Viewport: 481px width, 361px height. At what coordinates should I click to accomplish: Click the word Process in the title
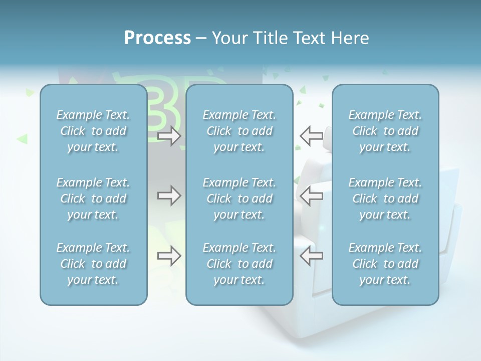pyautogui.click(x=157, y=38)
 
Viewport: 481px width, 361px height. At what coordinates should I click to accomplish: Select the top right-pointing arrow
pyautogui.click(x=169, y=135)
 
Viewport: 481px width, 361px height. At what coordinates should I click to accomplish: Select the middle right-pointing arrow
pyautogui.click(x=169, y=196)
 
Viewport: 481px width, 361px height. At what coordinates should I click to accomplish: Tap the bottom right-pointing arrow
pyautogui.click(x=169, y=256)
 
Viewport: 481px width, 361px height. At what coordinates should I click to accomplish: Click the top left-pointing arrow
pyautogui.click(x=311, y=135)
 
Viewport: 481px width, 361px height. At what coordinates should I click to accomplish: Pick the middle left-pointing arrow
pyautogui.click(x=311, y=196)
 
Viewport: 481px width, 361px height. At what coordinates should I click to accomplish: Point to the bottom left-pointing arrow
pyautogui.click(x=311, y=256)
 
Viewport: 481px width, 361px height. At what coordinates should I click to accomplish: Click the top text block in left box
pyautogui.click(x=93, y=131)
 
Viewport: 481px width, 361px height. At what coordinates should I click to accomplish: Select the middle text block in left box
pyautogui.click(x=93, y=199)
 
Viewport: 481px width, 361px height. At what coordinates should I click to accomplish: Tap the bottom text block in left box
pyautogui.click(x=93, y=264)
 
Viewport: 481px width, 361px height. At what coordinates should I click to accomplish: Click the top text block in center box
pyautogui.click(x=239, y=131)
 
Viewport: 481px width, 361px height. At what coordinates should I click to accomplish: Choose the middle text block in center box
pyautogui.click(x=239, y=199)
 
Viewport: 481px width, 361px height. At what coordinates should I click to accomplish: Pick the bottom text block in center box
pyautogui.click(x=239, y=264)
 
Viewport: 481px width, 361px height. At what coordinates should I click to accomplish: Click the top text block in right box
pyautogui.click(x=385, y=131)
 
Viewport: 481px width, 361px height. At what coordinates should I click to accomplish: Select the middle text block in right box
pyautogui.click(x=385, y=199)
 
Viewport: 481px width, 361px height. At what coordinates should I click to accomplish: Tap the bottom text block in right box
pyautogui.click(x=385, y=264)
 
